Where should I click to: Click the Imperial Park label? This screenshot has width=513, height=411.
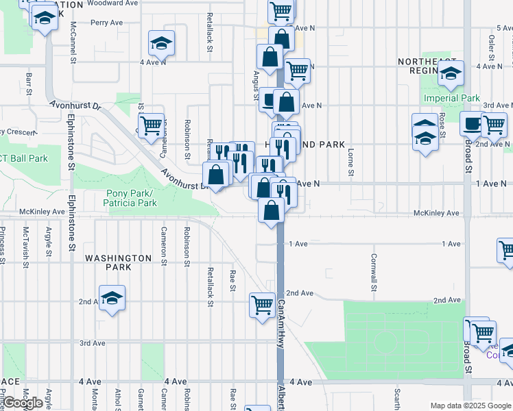(x=451, y=98)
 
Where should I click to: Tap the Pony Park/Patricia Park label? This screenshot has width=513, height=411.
(x=130, y=199)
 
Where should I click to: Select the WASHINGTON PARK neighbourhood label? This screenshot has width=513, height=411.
(x=118, y=262)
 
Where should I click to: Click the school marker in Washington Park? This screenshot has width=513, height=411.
(x=112, y=298)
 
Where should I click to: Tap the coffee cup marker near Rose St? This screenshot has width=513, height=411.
(x=471, y=124)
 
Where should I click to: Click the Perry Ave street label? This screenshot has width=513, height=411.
(x=106, y=23)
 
